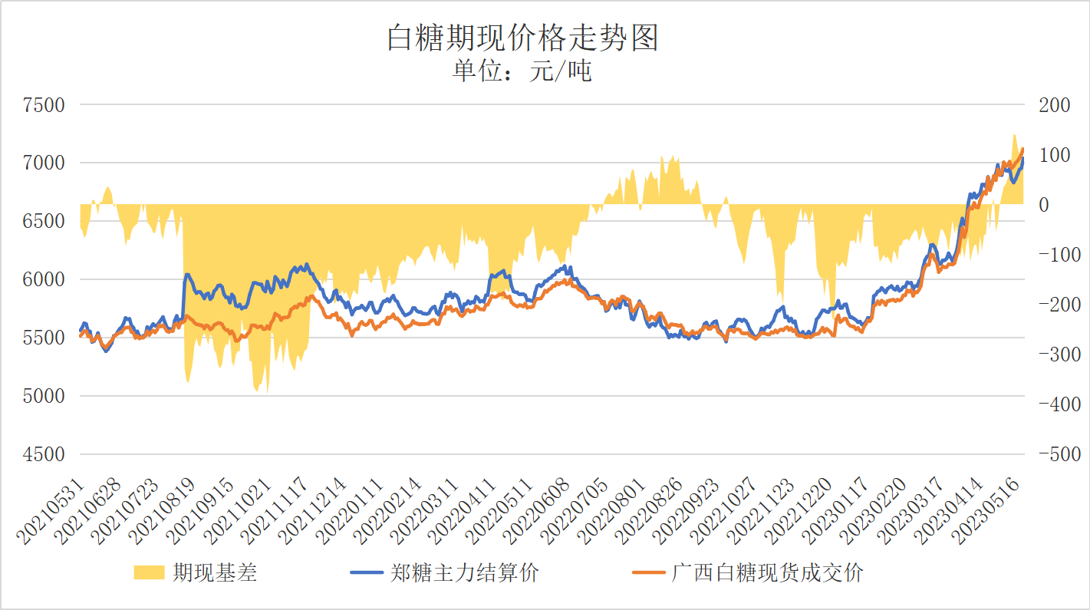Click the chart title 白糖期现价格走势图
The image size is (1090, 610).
tap(522, 38)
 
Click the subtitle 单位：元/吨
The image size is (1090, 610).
tap(522, 71)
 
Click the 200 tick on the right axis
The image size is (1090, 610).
tap(1054, 105)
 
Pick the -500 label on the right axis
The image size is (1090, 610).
tap(1054, 454)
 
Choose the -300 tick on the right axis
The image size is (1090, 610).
tap(1054, 354)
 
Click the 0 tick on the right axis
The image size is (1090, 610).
tap(1045, 205)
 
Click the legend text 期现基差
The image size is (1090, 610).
tap(215, 572)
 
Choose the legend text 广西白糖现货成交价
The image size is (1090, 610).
tap(767, 572)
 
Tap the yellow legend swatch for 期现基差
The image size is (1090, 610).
tap(150, 572)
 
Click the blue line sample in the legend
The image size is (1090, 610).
tap(367, 572)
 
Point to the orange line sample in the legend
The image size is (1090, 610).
tap(648, 572)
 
